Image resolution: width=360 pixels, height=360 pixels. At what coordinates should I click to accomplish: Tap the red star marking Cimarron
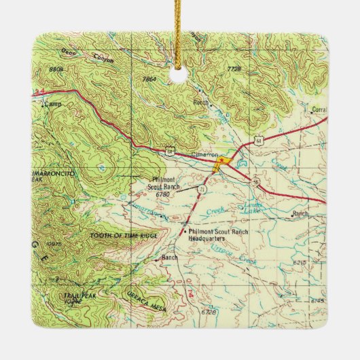point(219,162)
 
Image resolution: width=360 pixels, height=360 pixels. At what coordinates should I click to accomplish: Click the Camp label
point(53,105)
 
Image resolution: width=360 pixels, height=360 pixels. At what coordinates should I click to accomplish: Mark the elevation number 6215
point(301,261)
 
